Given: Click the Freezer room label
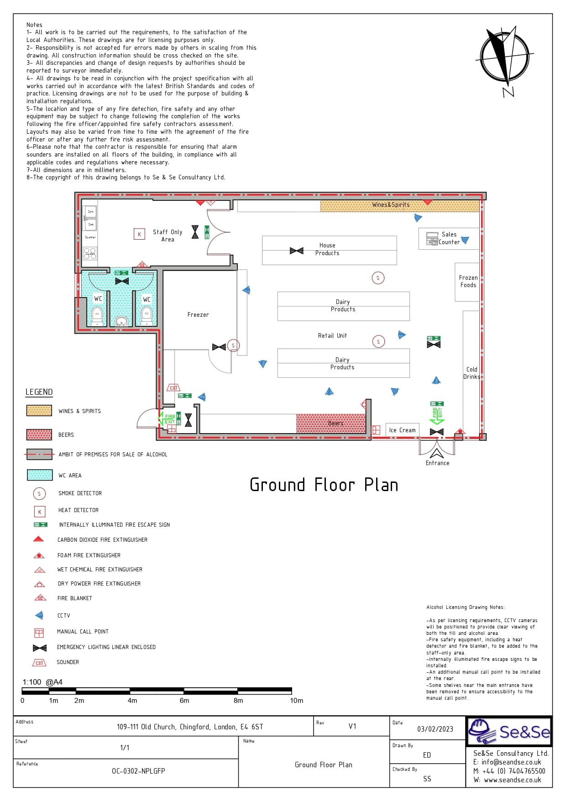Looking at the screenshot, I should [x=198, y=314].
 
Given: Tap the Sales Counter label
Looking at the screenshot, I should [x=449, y=238].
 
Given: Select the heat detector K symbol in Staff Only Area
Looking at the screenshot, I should [x=139, y=234].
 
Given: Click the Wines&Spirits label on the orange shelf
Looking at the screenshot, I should [x=391, y=205].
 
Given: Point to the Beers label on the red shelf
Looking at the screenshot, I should [x=335, y=423].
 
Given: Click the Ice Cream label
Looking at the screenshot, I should [x=402, y=430].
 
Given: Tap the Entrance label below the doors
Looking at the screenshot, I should [x=437, y=463].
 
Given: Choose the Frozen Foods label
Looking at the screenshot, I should [x=468, y=281].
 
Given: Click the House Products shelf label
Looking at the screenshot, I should [x=327, y=249].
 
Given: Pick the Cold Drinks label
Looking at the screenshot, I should [x=472, y=373].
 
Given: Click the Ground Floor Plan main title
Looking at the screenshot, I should [x=324, y=485].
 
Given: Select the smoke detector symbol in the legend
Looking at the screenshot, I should [x=39, y=493].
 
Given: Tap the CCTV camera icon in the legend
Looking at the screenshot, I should [x=39, y=615].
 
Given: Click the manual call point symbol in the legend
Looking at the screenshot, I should [x=39, y=633].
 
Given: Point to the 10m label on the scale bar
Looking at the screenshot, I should [x=296, y=701].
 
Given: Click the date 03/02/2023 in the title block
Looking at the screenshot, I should [x=435, y=729].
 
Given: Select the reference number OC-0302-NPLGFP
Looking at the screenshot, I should [x=138, y=771].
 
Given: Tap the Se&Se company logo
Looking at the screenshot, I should [x=509, y=731].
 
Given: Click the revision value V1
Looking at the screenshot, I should [x=352, y=726].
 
